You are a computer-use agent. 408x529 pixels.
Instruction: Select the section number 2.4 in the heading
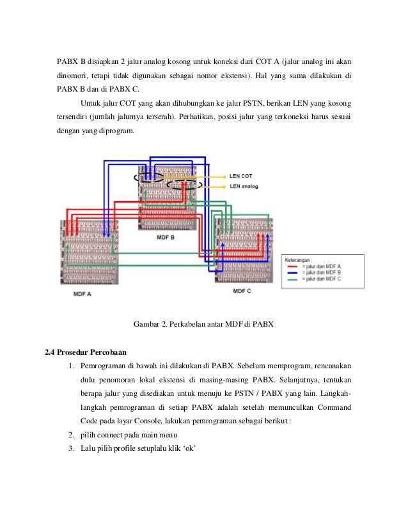[x=50, y=352]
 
